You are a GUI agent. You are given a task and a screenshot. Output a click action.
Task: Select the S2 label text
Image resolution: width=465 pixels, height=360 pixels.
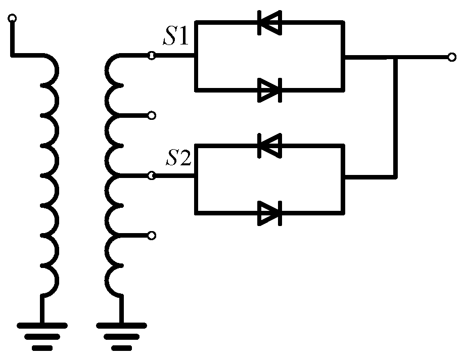click(179, 159)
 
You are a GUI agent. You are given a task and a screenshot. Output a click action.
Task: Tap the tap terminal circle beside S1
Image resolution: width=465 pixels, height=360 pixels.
click(151, 56)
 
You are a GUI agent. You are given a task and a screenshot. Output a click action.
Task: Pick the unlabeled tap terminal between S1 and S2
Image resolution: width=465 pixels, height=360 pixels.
click(151, 116)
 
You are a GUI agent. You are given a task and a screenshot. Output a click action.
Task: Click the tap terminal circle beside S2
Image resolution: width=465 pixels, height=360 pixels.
click(151, 176)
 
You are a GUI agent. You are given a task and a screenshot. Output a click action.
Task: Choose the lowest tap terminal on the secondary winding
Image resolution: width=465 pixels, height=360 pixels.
click(151, 235)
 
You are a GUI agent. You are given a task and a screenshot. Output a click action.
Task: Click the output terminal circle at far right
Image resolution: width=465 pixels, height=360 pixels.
click(451, 57)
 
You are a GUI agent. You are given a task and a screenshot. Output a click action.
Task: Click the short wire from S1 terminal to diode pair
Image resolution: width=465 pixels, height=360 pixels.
click(174, 57)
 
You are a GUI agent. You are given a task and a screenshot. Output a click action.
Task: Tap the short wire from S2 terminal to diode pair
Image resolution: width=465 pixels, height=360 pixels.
click(174, 176)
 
